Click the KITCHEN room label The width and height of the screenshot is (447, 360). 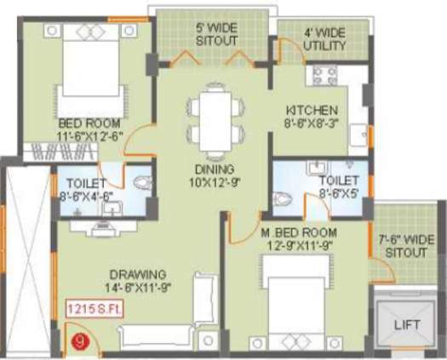pyautogui.click(x=312, y=111)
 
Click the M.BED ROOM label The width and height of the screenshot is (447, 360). pyautogui.click(x=300, y=232)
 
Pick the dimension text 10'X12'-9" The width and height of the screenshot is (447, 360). pyautogui.click(x=213, y=181)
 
